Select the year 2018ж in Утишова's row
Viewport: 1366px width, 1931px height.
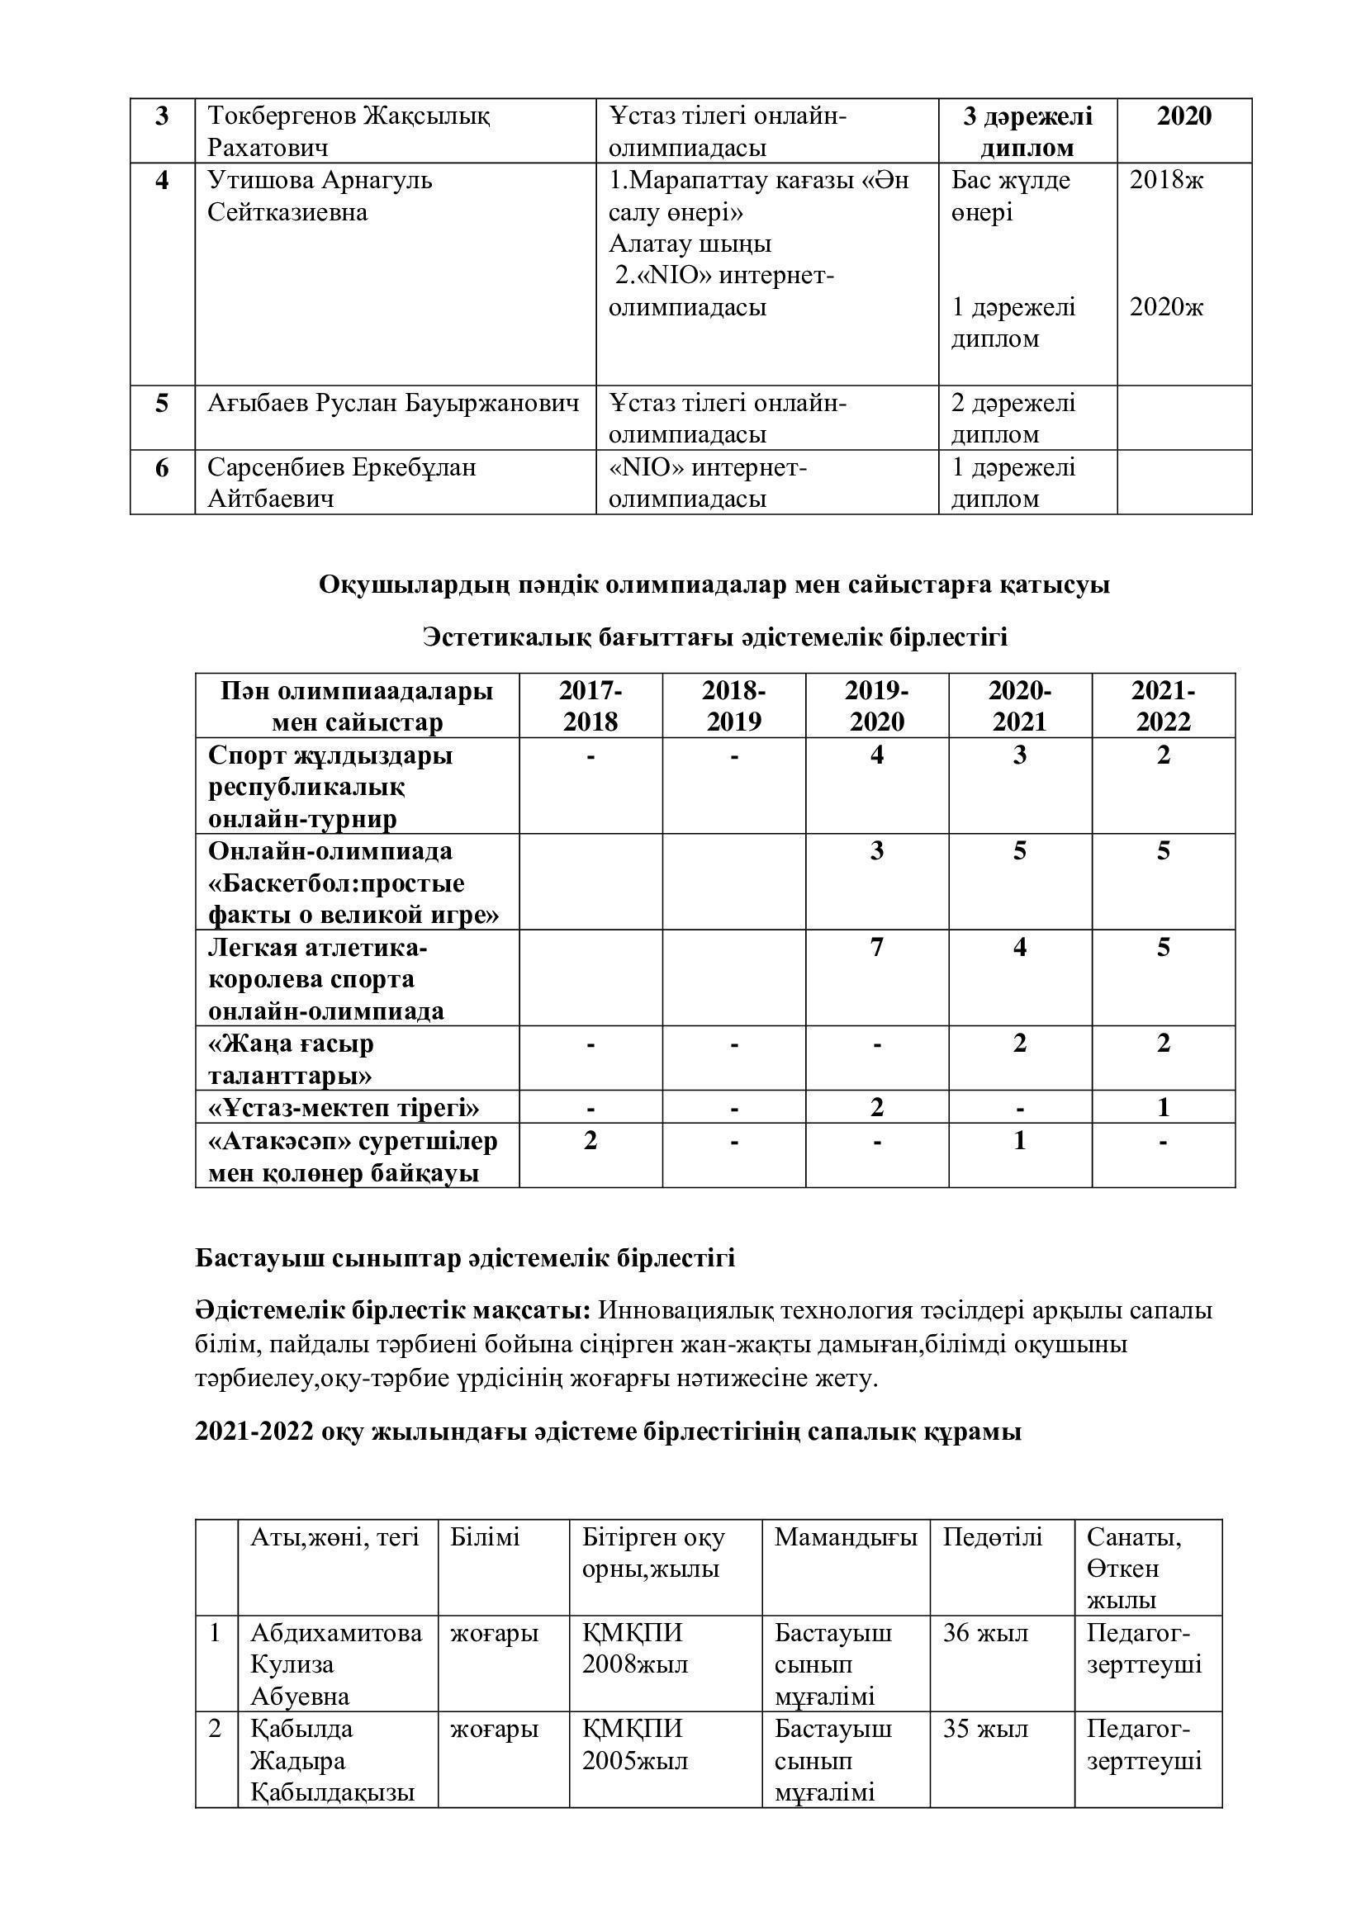click(x=1166, y=180)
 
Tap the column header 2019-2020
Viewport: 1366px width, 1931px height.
click(x=876, y=707)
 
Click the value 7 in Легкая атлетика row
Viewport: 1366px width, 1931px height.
click(x=876, y=948)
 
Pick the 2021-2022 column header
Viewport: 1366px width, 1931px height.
click(x=1164, y=707)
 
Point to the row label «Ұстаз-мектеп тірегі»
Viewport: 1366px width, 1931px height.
click(x=344, y=1108)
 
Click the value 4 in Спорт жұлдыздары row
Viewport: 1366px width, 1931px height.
click(x=876, y=755)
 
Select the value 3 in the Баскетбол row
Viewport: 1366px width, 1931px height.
click(x=876, y=851)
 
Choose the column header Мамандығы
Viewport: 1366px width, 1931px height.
click(x=846, y=1537)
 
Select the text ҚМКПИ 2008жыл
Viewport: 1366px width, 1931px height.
click(x=635, y=1649)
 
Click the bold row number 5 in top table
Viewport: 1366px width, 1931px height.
click(x=163, y=404)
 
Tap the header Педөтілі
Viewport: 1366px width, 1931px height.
click(x=992, y=1537)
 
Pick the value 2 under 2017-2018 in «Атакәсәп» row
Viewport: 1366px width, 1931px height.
click(x=591, y=1141)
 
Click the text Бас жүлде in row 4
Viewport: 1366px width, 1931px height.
click(x=1010, y=180)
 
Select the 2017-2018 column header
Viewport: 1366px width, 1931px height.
click(x=591, y=707)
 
